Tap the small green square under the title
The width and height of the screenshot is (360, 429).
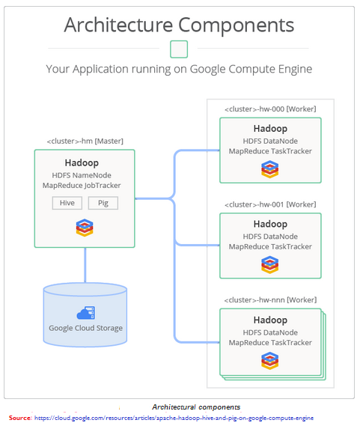click(179, 49)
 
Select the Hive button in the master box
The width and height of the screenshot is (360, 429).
click(67, 203)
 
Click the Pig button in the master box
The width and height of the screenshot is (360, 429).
click(103, 203)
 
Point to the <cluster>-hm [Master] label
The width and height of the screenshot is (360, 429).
click(84, 141)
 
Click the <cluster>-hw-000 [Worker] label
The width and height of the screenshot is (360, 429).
click(270, 109)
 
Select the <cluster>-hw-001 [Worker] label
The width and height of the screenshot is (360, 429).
click(270, 204)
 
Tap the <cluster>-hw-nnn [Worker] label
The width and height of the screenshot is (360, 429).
click(270, 300)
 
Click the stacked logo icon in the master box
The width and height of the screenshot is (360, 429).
click(85, 228)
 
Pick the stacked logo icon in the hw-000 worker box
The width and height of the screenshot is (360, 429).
click(269, 169)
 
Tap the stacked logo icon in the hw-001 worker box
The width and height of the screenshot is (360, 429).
click(269, 265)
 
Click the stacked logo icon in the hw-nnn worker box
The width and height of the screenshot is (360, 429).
click(269, 361)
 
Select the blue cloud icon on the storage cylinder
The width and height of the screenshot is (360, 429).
click(85, 313)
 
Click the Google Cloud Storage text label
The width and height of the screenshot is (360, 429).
click(85, 328)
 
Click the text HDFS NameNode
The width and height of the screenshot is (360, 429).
click(85, 175)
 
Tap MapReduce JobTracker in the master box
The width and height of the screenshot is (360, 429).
click(85, 186)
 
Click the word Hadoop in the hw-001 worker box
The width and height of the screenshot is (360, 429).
click(270, 224)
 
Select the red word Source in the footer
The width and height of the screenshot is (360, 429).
click(19, 417)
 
